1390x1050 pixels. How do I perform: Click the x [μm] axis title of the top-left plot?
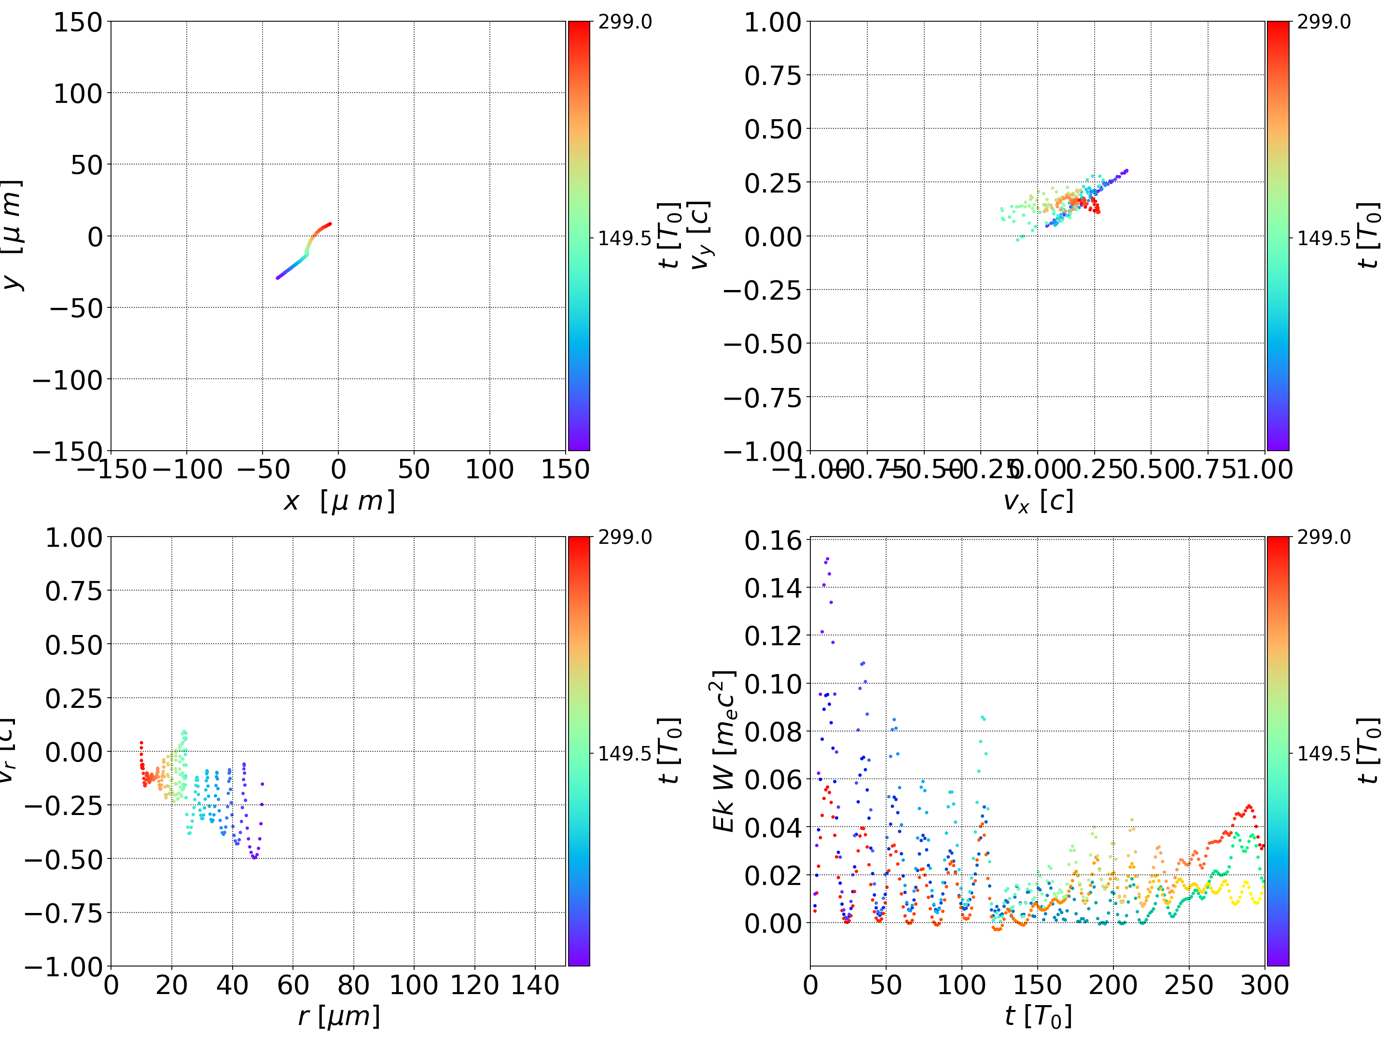(x=339, y=501)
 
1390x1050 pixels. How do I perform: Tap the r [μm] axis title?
(x=339, y=1017)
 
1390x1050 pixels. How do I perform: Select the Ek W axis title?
(x=724, y=751)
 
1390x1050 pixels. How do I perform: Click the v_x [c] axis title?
(x=1038, y=501)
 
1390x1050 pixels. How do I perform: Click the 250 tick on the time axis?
(x=1188, y=985)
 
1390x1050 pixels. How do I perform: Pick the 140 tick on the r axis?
(x=535, y=985)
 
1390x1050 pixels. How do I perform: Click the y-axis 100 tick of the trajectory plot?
(x=77, y=94)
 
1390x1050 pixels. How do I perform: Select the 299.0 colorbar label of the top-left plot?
(x=625, y=22)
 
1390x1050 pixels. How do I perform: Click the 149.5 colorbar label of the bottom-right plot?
(x=1323, y=753)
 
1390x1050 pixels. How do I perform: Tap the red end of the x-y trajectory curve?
(x=330, y=224)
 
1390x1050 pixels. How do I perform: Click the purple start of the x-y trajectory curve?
(x=278, y=278)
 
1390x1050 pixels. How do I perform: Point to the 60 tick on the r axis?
(x=293, y=985)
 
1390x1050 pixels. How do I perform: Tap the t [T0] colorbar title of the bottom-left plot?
(x=670, y=751)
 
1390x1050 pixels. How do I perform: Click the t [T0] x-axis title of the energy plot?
(x=1038, y=1017)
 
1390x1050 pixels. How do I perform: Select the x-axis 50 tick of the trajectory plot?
(x=414, y=470)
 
